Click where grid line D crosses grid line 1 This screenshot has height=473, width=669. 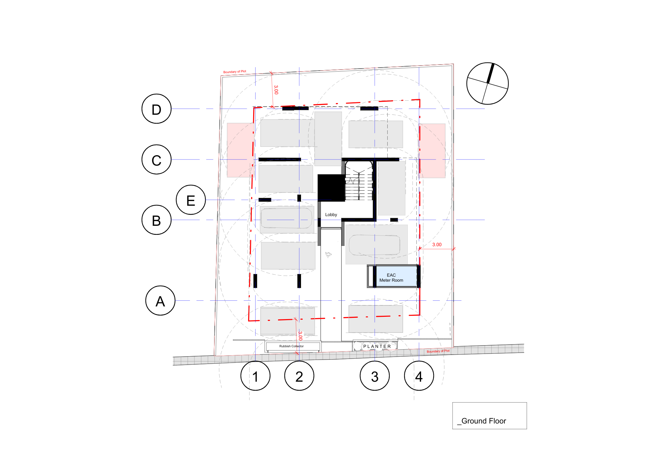(256, 109)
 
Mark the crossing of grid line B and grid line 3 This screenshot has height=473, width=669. (375, 220)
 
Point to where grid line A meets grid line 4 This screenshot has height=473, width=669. (419, 300)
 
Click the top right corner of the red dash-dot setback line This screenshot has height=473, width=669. (420, 99)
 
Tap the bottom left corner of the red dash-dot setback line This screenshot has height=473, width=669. (249, 321)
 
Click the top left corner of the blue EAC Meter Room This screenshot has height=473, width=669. (377, 266)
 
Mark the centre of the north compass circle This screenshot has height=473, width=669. (487, 83)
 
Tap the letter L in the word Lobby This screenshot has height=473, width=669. (326, 215)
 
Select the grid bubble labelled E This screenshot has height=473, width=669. (191, 200)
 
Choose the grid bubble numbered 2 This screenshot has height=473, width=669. (299, 376)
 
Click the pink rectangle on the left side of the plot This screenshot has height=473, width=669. (240, 150)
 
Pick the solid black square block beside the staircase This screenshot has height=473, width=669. (331, 188)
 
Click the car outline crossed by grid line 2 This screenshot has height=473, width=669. (286, 218)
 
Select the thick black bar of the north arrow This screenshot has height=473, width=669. (490, 73)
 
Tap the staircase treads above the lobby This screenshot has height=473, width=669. (359, 181)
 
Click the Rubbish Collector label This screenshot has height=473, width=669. (291, 346)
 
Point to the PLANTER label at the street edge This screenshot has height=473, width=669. (377, 347)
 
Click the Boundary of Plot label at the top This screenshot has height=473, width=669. (234, 72)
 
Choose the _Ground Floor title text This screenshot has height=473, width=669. (482, 421)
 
